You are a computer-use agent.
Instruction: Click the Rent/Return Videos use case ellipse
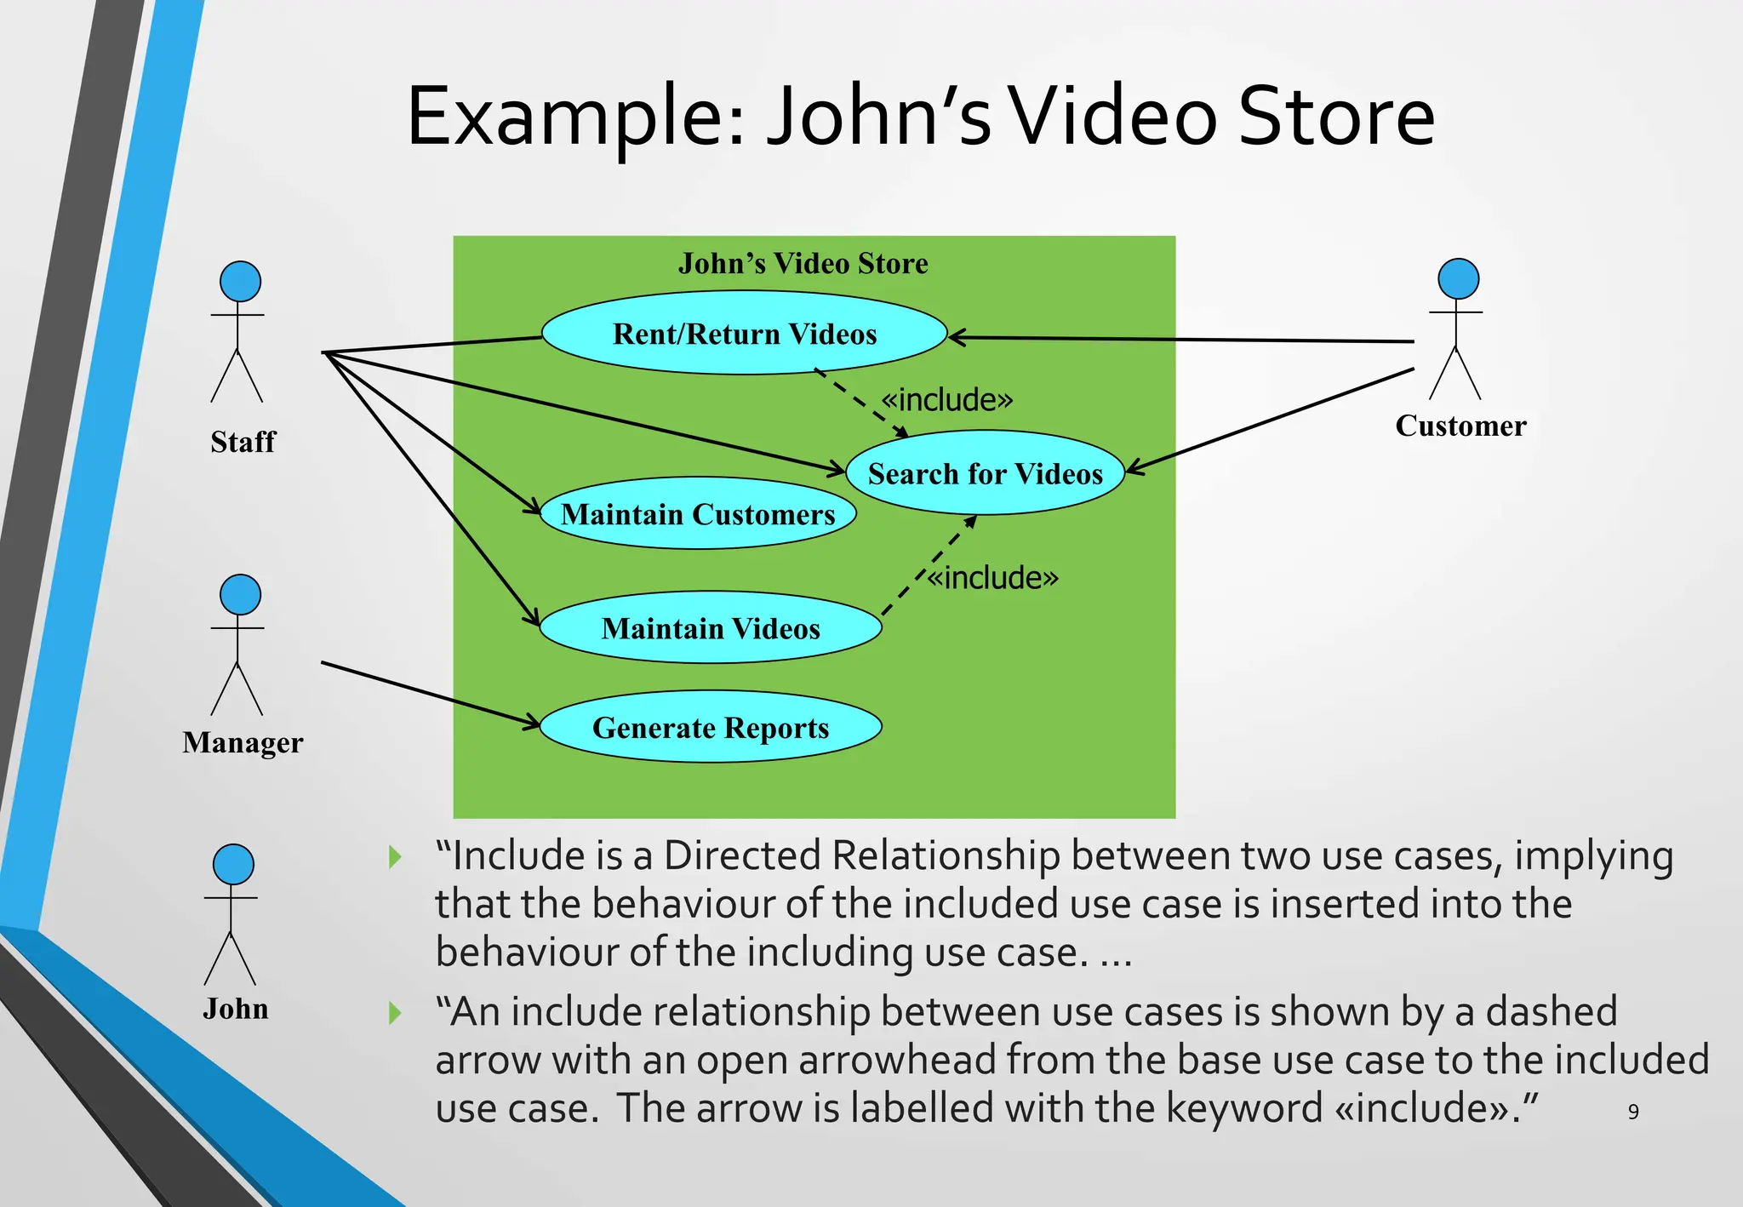(x=744, y=333)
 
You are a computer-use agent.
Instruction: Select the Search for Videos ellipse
(x=985, y=473)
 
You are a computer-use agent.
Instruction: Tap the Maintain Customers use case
(x=698, y=513)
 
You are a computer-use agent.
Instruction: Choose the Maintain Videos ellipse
(x=710, y=628)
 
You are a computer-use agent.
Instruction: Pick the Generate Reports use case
(x=710, y=727)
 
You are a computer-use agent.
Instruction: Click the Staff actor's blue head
(x=240, y=282)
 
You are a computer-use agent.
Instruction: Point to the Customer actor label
(x=1460, y=426)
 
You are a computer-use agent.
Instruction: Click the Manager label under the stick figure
(x=243, y=742)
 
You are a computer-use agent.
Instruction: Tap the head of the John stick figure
(x=233, y=865)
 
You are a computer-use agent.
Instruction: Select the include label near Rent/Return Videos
(x=946, y=399)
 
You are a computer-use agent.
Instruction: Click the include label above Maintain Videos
(x=992, y=578)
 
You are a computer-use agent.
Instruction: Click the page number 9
(x=1632, y=1112)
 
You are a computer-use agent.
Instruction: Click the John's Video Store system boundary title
(x=803, y=263)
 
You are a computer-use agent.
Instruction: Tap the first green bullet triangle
(x=394, y=856)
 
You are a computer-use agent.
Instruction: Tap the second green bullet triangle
(x=394, y=1013)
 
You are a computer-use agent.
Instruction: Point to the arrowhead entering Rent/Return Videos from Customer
(x=956, y=338)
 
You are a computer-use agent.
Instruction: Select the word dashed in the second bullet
(x=1551, y=1012)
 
